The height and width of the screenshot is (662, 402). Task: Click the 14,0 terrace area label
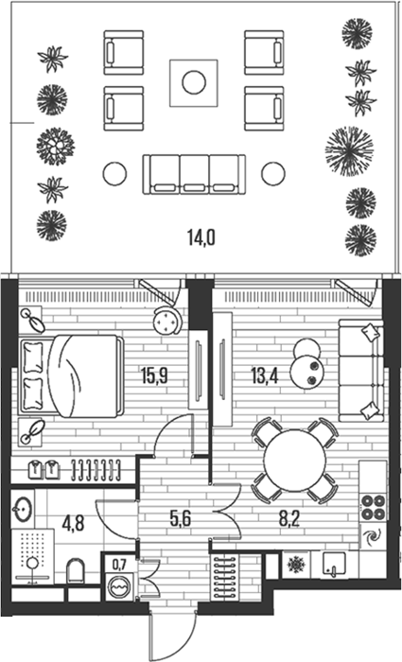tap(201, 237)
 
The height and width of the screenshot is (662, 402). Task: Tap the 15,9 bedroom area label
tap(154, 375)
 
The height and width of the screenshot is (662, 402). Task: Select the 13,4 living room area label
tap(265, 375)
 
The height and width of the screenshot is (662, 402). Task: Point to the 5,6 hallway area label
tap(181, 519)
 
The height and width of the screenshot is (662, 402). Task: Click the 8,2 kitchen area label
tap(289, 519)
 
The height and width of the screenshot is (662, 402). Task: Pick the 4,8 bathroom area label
tap(74, 523)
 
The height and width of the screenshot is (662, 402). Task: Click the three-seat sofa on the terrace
tap(194, 174)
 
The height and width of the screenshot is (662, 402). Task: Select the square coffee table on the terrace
tap(194, 83)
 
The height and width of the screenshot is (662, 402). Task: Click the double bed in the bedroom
tap(71, 376)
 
